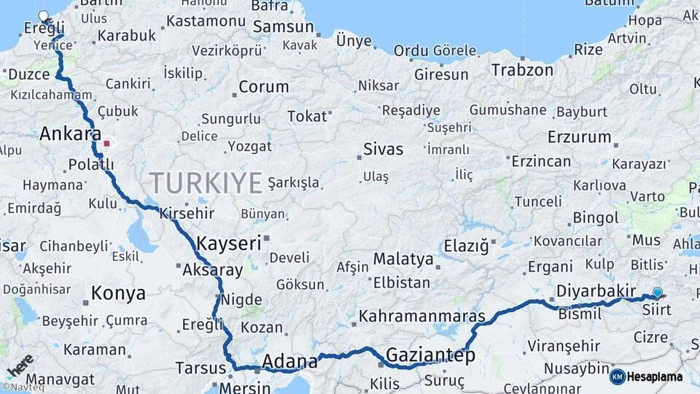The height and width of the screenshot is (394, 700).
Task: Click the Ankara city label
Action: pos(70,134)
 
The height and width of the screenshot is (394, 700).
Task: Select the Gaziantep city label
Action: pos(430,355)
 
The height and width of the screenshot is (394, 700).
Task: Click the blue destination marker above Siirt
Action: pos(658,293)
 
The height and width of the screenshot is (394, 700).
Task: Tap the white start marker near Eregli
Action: pos(44,16)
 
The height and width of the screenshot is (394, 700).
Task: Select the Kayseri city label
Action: pos(229,243)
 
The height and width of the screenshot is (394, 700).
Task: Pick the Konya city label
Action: pos(118,293)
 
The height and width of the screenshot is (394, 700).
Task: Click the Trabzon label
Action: pos(522,70)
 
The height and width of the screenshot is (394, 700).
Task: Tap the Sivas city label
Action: pos(384,150)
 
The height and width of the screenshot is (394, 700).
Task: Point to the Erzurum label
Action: pos(580,136)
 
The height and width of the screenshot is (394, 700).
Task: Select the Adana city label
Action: pos(289,360)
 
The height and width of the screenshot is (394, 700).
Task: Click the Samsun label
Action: pos(284,27)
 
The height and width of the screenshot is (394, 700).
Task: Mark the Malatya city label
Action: pos(402,258)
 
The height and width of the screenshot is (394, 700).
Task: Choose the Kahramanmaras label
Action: pos(422,317)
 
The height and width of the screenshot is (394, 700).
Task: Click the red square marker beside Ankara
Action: pos(106,143)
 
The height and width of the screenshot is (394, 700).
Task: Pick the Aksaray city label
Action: pos(212,270)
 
